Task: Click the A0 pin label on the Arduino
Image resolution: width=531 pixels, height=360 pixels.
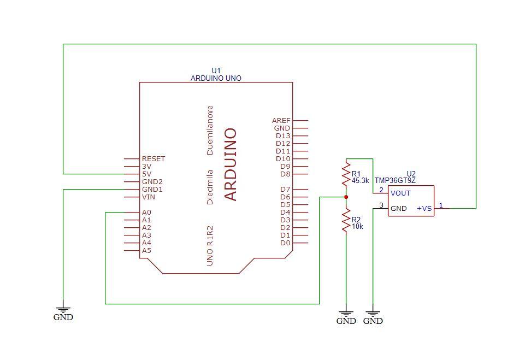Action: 146,213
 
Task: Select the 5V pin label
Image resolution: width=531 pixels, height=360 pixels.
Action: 146,174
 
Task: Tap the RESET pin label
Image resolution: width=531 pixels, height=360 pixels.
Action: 153,159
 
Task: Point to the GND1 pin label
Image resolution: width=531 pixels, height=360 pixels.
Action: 152,190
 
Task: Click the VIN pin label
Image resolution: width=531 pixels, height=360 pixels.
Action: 148,197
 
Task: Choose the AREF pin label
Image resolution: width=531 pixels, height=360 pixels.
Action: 281,121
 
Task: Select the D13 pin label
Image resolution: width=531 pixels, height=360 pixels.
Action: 283,136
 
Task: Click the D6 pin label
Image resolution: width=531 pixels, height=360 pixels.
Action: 285,197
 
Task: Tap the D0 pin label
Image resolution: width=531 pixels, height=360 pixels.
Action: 285,243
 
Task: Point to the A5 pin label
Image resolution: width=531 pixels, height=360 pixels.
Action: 146,251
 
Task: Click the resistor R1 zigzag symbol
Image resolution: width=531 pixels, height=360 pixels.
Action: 345,174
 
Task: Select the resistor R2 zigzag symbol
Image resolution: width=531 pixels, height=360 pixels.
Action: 345,221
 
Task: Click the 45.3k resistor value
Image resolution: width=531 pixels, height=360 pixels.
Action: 360,180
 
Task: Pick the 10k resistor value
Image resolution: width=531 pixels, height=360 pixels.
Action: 357,226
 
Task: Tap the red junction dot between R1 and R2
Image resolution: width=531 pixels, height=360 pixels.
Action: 346,197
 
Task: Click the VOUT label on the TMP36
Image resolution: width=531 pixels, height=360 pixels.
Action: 400,193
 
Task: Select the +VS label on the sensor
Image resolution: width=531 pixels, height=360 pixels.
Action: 424,208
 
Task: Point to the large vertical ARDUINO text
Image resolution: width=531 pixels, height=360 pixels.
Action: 231,164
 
